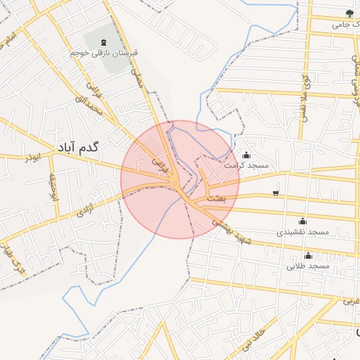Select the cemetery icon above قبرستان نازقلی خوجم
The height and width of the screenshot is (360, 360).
[x=105, y=41]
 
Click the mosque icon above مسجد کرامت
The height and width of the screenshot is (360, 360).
[x=246, y=155]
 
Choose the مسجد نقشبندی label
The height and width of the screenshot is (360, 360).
[x=303, y=231]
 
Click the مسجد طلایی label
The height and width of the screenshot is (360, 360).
[x=308, y=266]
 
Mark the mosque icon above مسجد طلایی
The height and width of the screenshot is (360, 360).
[x=308, y=256]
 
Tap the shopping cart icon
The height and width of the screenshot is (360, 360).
[x=275, y=193]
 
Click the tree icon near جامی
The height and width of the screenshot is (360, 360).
[x=348, y=13]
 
